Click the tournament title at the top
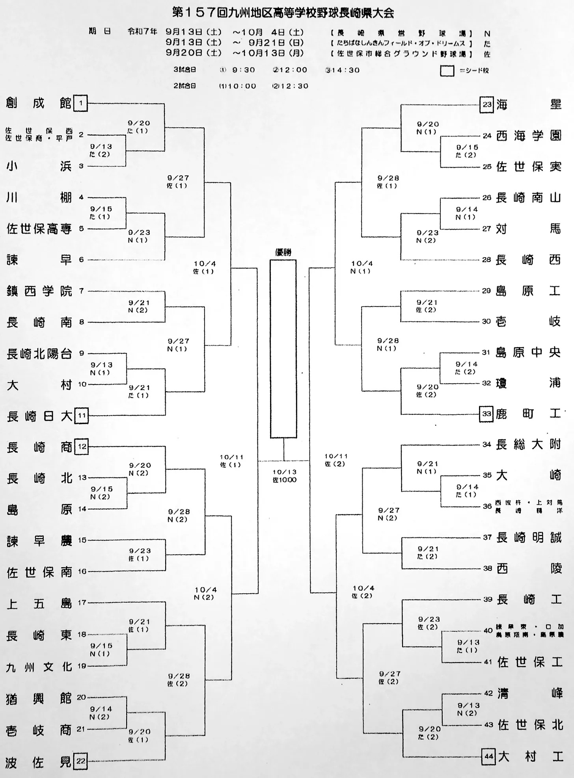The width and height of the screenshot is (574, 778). [x=283, y=13]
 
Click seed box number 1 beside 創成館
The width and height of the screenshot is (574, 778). [x=81, y=104]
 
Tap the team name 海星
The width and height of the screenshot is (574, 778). [x=528, y=105]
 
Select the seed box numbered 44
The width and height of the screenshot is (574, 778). [x=488, y=756]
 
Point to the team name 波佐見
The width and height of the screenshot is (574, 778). [x=39, y=762]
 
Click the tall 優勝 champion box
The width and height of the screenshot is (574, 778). [x=283, y=349]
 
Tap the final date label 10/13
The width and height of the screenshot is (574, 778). [x=284, y=472]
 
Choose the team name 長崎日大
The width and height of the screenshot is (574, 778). [x=39, y=416]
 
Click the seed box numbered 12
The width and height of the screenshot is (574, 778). [x=82, y=446]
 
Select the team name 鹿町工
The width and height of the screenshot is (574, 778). [x=528, y=414]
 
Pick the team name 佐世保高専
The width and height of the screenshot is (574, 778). [x=39, y=228]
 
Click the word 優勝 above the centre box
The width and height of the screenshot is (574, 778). [x=283, y=253]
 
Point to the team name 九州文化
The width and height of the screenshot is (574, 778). [x=39, y=667]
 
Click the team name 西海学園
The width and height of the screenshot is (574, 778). [x=528, y=136]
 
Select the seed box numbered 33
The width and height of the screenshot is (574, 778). [x=486, y=414]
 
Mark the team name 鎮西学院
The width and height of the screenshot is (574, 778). [x=39, y=291]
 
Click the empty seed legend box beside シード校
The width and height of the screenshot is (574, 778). [x=447, y=71]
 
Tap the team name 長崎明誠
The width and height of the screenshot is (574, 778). [x=528, y=537]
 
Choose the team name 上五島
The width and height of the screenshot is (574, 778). [x=39, y=603]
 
